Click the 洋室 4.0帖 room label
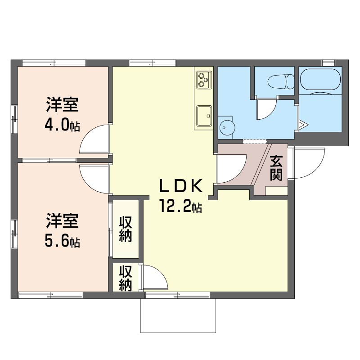(x=63, y=114)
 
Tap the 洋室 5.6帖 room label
(x=63, y=230)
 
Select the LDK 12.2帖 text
(x=181, y=196)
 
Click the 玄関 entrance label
(x=276, y=168)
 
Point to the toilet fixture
(x=281, y=81)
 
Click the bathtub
(x=321, y=81)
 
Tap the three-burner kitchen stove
(x=204, y=80)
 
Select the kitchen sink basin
(x=204, y=116)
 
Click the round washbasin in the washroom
(x=227, y=127)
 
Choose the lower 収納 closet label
(x=126, y=278)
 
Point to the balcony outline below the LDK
(x=178, y=332)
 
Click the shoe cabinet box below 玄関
(x=276, y=191)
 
